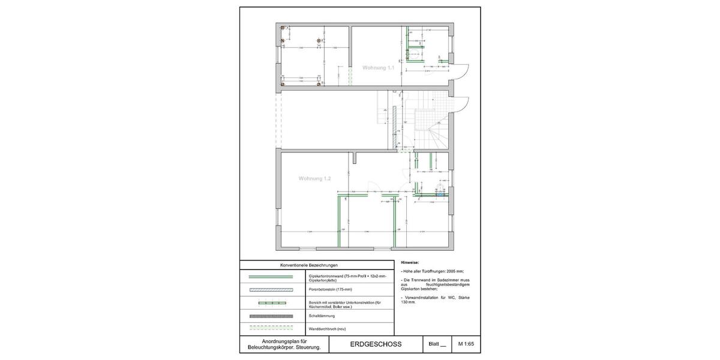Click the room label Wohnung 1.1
coord(378,68)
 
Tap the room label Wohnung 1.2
coord(315,178)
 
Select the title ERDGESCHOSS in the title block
coord(376,344)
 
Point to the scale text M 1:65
coord(466,344)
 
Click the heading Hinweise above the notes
coord(410,263)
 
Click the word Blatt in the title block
coord(433,344)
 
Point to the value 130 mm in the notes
coord(409,302)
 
